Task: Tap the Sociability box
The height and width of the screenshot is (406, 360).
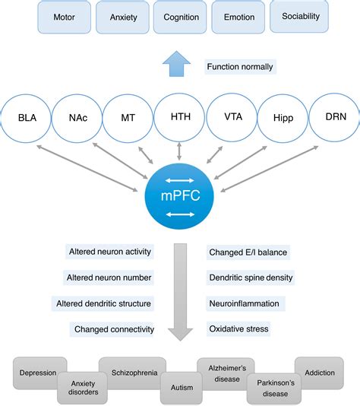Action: tap(300, 15)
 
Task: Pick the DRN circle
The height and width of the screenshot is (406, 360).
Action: tap(333, 117)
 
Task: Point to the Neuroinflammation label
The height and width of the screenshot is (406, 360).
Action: tap(244, 303)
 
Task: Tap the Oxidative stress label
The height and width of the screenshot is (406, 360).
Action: tap(238, 329)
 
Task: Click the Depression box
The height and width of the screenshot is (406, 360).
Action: tap(39, 373)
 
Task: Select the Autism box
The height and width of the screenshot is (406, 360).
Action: tap(180, 387)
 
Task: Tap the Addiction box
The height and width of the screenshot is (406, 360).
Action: tap(320, 373)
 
